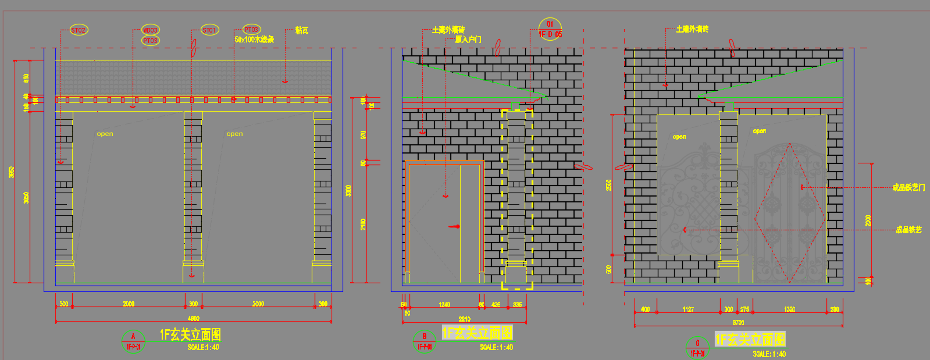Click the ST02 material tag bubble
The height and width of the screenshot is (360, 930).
click(79, 30)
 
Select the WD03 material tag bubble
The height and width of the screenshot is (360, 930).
click(150, 30)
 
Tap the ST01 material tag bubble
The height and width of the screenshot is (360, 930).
click(209, 30)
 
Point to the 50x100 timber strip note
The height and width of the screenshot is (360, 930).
click(254, 40)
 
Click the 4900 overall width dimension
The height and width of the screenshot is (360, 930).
click(194, 318)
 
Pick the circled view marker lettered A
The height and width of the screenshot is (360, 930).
click(133, 341)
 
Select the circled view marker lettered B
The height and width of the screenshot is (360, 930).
click(424, 341)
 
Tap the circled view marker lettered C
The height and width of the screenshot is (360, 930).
click(697, 347)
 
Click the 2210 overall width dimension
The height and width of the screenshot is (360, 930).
click(464, 319)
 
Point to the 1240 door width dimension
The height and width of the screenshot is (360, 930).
click(444, 304)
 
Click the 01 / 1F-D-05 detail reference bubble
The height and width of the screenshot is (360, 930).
click(550, 29)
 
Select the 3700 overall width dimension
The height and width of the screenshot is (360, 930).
click(738, 322)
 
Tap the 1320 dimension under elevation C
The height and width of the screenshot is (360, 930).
click(789, 309)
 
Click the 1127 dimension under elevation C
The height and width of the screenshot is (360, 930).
click(688, 309)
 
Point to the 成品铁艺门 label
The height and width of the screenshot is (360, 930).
click(908, 187)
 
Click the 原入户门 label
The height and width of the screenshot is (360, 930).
click(468, 40)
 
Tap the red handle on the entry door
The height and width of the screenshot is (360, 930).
click(455, 226)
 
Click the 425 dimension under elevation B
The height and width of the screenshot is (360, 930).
click(496, 304)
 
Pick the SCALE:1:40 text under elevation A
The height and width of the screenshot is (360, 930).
click(203, 347)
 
